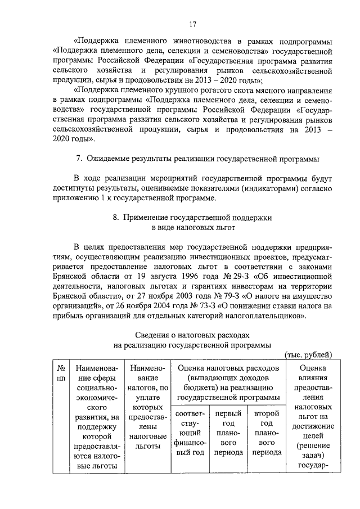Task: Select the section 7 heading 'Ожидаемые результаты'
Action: click(x=197, y=159)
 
